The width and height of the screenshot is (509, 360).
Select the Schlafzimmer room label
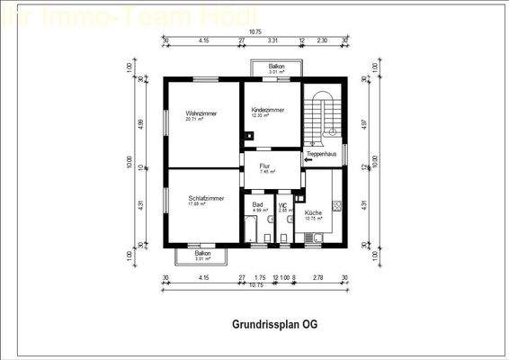[x=206, y=197]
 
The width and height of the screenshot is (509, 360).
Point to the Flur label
[x=265, y=166]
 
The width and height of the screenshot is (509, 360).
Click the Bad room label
[x=257, y=204]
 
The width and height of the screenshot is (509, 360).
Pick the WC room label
[x=282, y=204]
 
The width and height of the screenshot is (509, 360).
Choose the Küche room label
[x=315, y=212]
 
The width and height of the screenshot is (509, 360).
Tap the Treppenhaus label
[x=321, y=154]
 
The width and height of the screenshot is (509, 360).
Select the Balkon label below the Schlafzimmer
[x=203, y=254]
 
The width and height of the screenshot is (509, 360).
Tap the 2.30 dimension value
[x=322, y=40]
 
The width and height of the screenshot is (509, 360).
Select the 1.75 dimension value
[x=260, y=277]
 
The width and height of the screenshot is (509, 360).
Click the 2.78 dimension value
[x=317, y=277]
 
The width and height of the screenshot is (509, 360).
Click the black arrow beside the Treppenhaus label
[x=308, y=161]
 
